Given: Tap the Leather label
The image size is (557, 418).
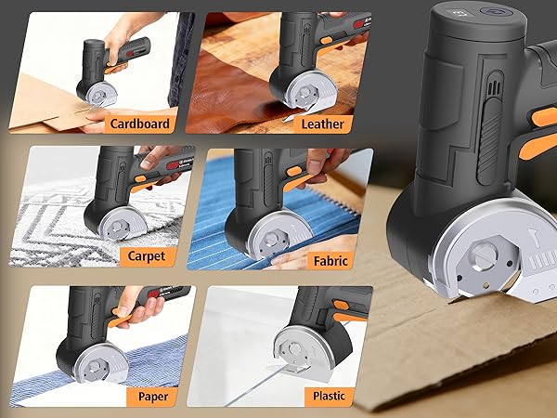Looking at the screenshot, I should coord(322,123).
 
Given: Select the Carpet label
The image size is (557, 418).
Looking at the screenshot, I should coord(146,256).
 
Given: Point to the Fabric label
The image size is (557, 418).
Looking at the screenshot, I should coord(330,261).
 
